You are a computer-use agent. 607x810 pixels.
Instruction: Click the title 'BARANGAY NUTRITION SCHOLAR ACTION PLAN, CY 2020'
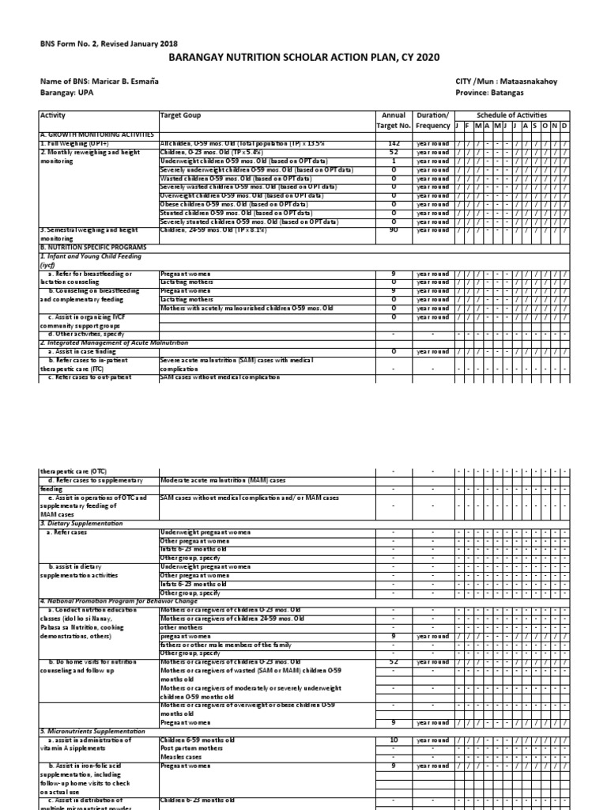coord(303,58)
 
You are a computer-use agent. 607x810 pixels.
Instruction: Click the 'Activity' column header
coord(53,115)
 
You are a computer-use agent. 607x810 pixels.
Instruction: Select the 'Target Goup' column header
coord(181,115)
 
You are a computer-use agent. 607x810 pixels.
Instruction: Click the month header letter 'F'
coord(467,126)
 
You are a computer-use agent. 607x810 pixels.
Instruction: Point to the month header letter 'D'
coord(564,126)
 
